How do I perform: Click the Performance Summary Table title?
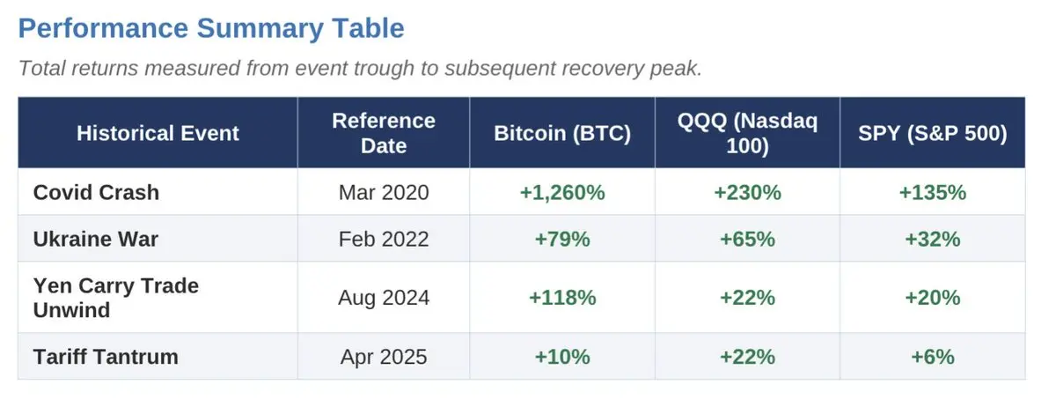click(211, 28)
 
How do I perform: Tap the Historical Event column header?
click(158, 133)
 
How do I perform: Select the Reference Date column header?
click(384, 133)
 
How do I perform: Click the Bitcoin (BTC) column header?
click(562, 133)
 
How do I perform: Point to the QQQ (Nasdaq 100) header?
click(747, 133)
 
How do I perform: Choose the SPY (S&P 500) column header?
click(932, 133)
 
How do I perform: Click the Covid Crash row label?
click(96, 192)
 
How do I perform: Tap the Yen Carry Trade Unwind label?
click(116, 298)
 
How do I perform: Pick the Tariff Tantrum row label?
click(106, 357)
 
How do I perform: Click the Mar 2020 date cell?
click(384, 192)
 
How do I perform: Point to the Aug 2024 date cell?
click(384, 298)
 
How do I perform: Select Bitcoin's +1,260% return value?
click(562, 192)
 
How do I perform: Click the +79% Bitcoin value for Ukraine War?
click(562, 239)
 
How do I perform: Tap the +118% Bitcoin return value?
click(562, 298)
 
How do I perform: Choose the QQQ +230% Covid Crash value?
click(747, 192)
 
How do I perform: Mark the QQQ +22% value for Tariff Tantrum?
click(747, 357)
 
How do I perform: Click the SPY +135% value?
click(932, 192)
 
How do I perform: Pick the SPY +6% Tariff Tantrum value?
click(932, 357)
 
